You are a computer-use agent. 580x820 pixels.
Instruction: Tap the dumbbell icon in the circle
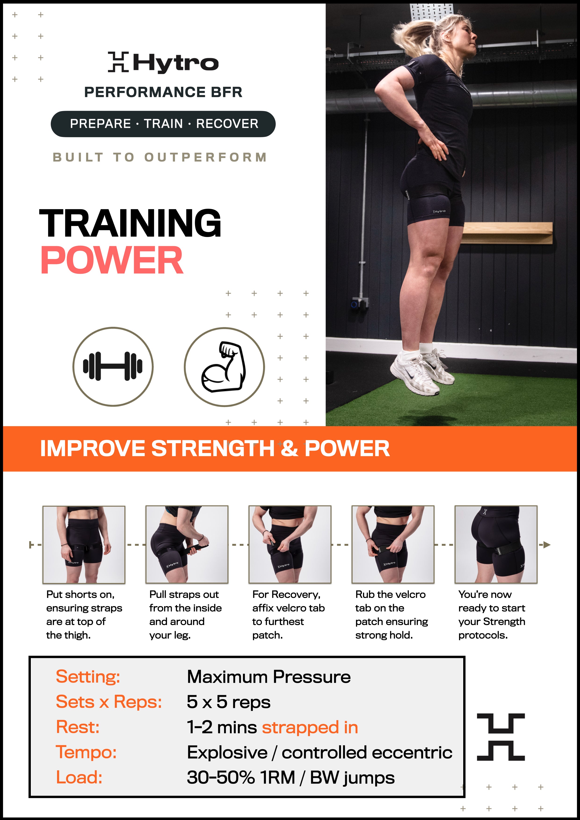tap(113, 367)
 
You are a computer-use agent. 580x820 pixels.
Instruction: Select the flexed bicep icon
tap(224, 367)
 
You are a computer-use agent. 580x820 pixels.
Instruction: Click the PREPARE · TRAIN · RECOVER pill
tap(163, 124)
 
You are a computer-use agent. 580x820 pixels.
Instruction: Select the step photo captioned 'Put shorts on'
tap(84, 544)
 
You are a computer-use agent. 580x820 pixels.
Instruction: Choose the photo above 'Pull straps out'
tap(187, 544)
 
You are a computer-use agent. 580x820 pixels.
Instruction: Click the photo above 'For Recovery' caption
tap(290, 544)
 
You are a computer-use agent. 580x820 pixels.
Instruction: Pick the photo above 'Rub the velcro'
tap(393, 544)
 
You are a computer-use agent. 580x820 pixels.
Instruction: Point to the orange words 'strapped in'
tap(310, 727)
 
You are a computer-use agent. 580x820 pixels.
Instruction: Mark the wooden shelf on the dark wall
tap(507, 233)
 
